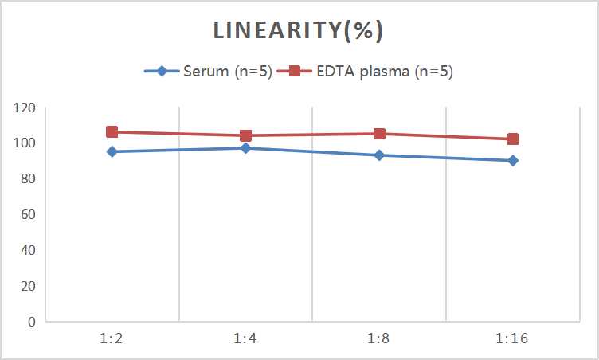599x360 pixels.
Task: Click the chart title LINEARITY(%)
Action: (x=299, y=30)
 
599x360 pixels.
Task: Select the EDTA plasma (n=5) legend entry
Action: (x=370, y=71)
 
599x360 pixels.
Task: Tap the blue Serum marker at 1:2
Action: (x=112, y=151)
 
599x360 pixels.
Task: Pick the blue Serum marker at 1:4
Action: (x=245, y=148)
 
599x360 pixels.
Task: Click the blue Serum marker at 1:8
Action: (x=379, y=155)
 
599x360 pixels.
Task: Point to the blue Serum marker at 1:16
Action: (x=513, y=160)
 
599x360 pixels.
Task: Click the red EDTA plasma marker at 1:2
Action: (x=112, y=132)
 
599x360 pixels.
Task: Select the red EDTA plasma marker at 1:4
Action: (x=245, y=135)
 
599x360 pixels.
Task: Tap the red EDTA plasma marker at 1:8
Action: (x=379, y=134)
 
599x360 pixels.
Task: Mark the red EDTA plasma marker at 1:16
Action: (x=513, y=139)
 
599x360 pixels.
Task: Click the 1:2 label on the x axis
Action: (x=112, y=338)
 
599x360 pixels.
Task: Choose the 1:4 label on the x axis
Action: (x=245, y=338)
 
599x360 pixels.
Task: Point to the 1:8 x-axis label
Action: (x=379, y=338)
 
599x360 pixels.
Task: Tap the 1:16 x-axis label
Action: (x=513, y=338)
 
